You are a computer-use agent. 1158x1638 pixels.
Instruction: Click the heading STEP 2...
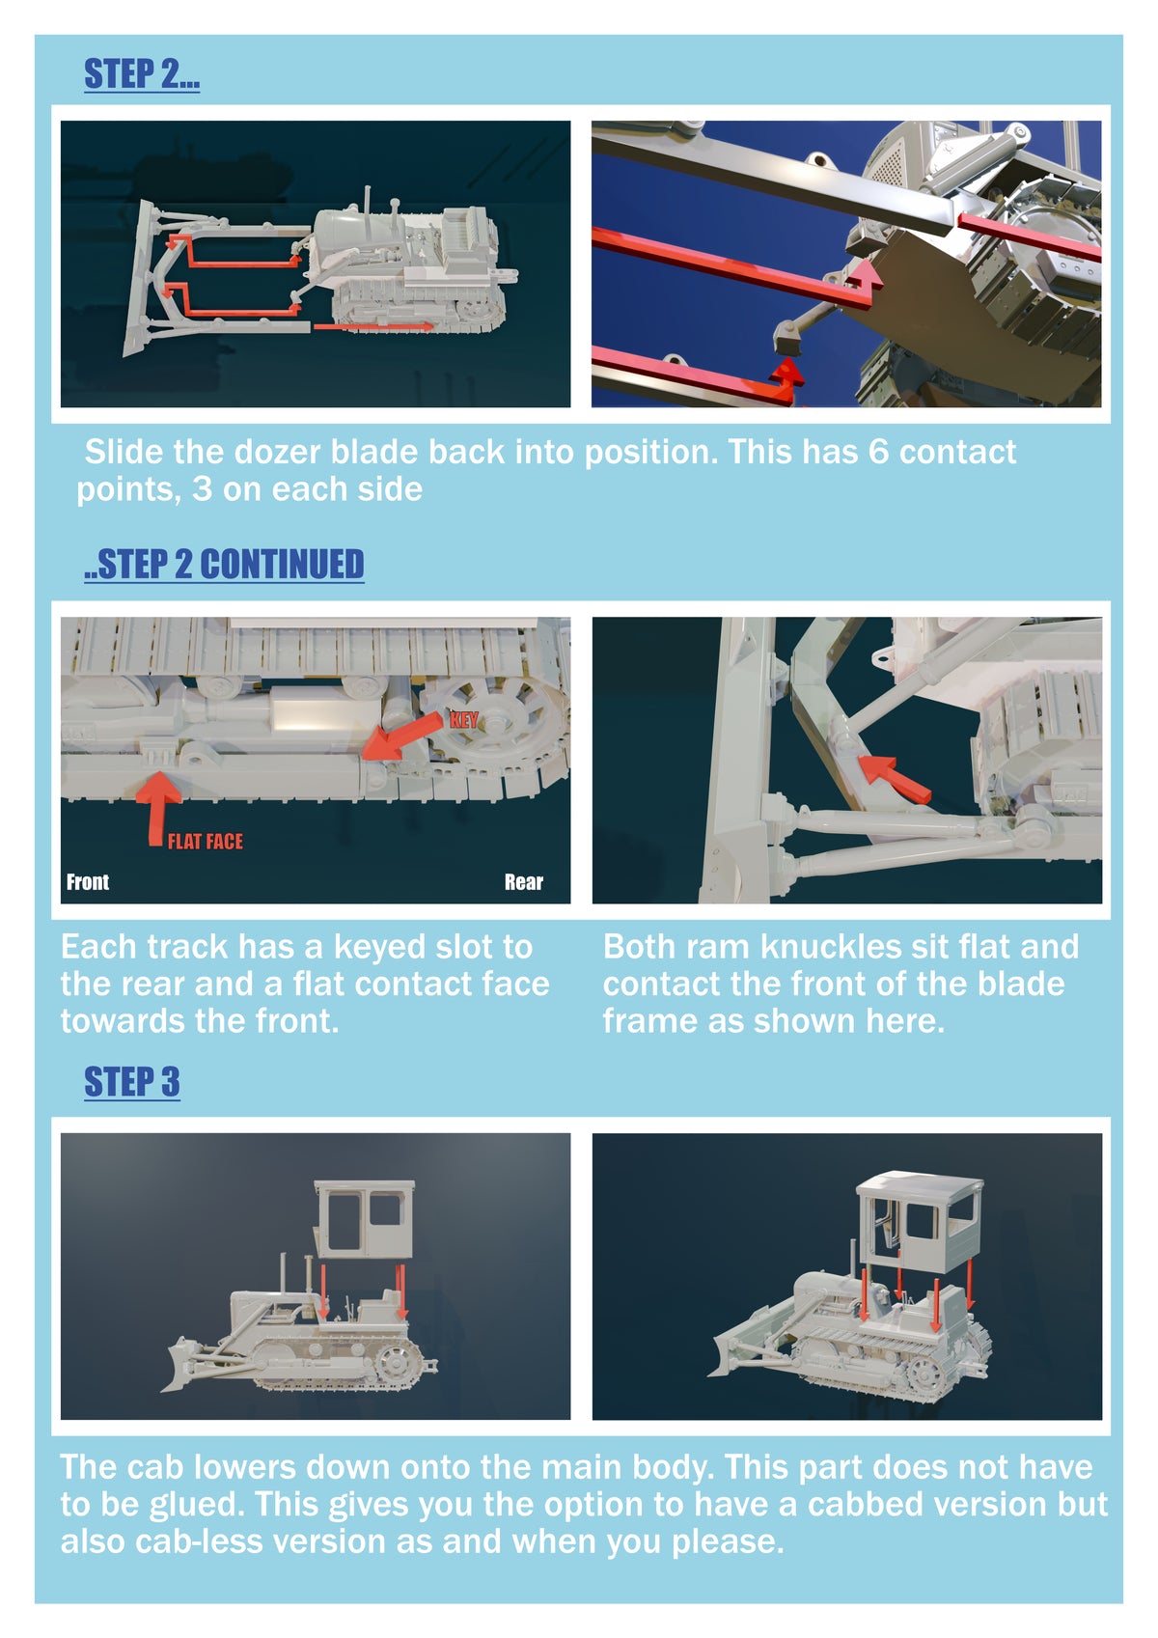click(x=142, y=74)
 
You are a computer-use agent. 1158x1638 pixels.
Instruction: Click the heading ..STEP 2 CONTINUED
click(x=224, y=565)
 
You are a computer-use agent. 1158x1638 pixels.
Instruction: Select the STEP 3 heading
click(x=131, y=1082)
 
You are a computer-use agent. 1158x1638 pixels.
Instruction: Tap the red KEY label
click(x=463, y=720)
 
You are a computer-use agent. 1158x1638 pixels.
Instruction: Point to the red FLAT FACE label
click(x=206, y=842)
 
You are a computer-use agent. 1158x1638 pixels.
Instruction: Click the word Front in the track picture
click(x=88, y=882)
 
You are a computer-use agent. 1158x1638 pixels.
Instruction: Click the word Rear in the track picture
click(x=523, y=882)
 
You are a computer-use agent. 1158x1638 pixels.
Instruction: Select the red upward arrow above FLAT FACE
click(x=158, y=808)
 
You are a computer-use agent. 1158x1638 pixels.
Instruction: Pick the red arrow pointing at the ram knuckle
click(x=895, y=778)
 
